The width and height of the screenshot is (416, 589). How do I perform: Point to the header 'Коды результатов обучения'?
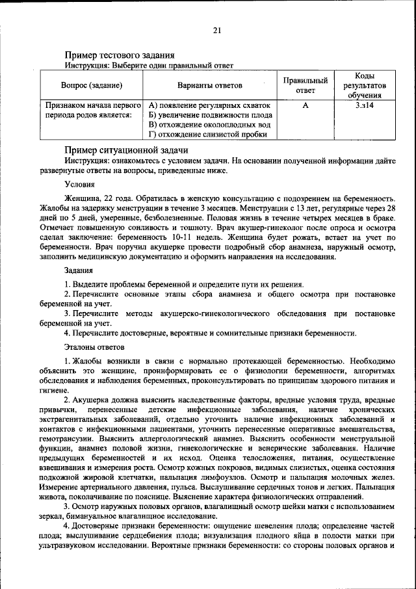click(x=364, y=85)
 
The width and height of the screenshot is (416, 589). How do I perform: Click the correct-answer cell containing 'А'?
click(x=305, y=104)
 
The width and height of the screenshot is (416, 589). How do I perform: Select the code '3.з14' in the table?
click(x=364, y=104)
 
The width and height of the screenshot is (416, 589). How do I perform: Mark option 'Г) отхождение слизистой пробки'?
click(x=207, y=135)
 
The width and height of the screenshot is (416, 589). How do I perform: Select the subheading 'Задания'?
click(x=79, y=270)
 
